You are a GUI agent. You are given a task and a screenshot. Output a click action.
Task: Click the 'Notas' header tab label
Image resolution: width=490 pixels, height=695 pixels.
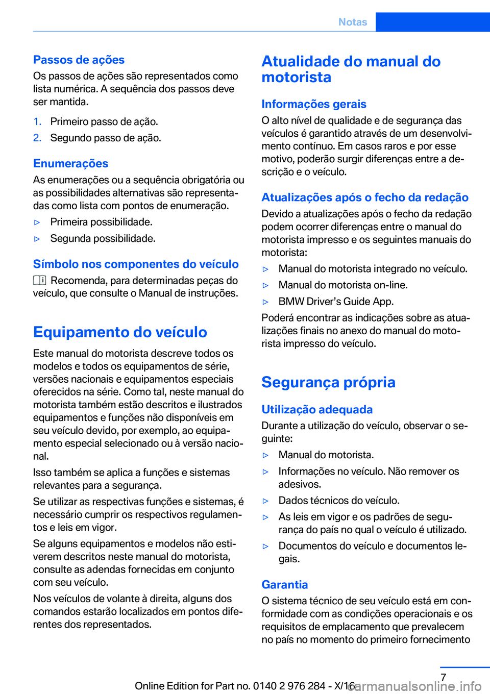coord(353,22)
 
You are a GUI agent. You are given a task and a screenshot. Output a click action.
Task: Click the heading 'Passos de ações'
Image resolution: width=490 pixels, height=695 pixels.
coord(79,60)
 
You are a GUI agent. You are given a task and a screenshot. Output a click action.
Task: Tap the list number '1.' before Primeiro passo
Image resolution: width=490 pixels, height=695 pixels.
coord(37,121)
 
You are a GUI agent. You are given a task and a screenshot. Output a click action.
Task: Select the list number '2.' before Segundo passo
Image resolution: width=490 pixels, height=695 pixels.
coord(37,138)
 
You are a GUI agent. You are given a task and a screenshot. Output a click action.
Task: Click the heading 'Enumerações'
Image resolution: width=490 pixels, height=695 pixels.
coord(70,163)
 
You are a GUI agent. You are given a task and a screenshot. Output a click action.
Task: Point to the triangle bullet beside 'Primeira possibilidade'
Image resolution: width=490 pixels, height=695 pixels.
coord(37,222)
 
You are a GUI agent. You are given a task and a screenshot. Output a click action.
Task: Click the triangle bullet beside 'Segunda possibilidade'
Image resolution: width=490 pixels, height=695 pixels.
coord(37,239)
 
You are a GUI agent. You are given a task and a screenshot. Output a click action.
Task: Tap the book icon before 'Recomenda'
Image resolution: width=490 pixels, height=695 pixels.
coord(40,280)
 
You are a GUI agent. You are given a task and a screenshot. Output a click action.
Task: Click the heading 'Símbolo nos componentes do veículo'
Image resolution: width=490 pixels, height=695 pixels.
coord(136,264)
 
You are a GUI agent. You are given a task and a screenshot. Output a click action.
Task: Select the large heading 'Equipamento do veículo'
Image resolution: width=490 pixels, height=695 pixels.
coord(120,332)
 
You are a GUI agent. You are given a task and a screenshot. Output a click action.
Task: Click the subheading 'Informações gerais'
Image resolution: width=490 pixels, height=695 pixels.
coord(313,104)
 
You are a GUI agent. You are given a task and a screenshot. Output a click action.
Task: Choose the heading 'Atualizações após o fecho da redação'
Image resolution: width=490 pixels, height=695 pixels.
coord(364,197)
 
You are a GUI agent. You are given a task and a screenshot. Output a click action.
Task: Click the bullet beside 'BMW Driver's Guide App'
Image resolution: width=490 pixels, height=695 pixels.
coord(265,302)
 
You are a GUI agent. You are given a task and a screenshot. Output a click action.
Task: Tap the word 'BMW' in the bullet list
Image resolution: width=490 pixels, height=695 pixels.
coord(291,302)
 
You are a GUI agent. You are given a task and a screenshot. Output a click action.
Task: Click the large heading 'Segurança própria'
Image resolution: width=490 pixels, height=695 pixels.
coord(328,382)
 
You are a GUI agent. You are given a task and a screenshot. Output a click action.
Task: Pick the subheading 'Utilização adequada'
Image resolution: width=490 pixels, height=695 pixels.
coord(316,409)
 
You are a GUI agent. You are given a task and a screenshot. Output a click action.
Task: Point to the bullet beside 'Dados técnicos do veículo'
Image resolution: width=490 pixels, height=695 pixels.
coord(265,501)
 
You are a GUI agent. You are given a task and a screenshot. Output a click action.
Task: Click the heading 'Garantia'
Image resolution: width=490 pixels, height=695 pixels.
coord(284,585)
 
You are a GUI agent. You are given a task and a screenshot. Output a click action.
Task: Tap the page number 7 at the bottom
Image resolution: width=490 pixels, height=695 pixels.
coord(444,678)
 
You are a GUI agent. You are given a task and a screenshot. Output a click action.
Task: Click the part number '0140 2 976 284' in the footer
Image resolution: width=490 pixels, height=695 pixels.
coord(289,686)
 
